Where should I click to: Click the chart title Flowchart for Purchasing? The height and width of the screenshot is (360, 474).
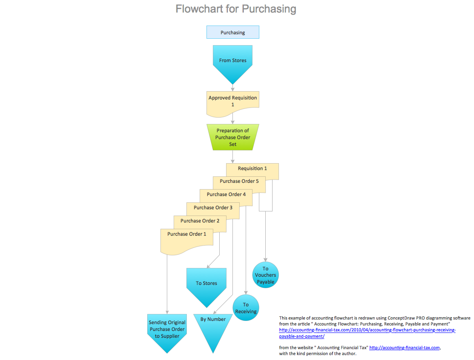(236, 9)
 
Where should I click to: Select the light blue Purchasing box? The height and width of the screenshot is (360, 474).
(232, 32)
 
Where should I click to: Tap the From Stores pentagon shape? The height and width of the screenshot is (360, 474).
(232, 61)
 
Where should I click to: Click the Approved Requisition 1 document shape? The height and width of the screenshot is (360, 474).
(232, 101)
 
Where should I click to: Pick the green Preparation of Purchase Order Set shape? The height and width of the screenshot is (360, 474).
(232, 137)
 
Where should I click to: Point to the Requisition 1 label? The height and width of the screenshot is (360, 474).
(252, 169)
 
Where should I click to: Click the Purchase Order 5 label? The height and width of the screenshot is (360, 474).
(239, 181)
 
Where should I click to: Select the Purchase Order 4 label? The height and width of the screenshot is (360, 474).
(226, 195)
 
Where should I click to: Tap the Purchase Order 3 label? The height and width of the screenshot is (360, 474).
(213, 208)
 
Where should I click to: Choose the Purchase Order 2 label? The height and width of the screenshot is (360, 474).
(200, 221)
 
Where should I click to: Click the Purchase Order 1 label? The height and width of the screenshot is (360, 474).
(186, 234)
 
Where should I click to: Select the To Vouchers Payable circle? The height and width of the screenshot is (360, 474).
(265, 275)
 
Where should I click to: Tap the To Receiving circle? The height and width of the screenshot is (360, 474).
(246, 308)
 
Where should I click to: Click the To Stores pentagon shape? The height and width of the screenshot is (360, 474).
(206, 284)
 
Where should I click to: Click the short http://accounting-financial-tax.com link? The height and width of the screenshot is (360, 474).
(404, 348)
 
